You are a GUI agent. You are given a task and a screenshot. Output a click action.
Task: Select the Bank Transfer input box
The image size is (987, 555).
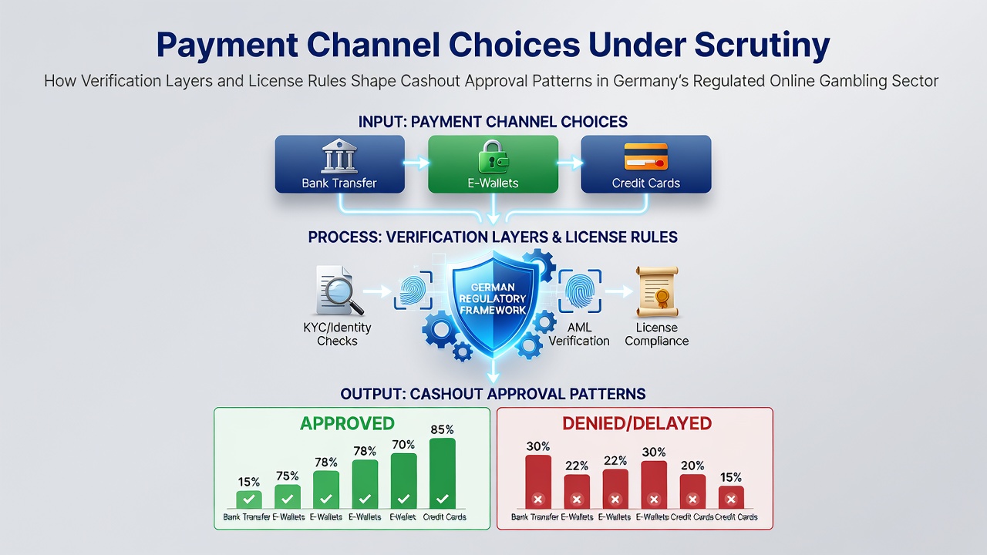tap(340, 164)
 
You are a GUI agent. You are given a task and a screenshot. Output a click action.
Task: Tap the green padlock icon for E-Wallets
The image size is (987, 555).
tap(493, 156)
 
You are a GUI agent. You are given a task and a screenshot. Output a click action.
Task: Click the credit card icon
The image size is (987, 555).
tap(646, 156)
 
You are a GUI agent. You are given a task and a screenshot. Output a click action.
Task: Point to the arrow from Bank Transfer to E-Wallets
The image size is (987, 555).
tap(416, 163)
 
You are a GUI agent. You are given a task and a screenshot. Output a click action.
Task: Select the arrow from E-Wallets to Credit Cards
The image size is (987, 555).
tap(570, 163)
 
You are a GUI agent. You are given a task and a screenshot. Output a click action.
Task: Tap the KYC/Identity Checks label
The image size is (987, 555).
tap(337, 335)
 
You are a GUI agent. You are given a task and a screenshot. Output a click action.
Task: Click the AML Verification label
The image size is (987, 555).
tap(579, 335)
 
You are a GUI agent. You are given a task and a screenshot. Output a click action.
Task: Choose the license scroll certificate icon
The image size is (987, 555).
tap(656, 291)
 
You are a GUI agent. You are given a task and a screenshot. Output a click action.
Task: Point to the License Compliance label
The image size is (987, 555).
tap(656, 335)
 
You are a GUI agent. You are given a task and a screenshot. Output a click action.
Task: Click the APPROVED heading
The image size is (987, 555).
tap(347, 424)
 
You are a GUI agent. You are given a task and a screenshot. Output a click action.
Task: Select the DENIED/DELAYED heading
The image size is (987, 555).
tap(637, 424)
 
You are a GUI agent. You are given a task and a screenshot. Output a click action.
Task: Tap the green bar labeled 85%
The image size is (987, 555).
tap(443, 473)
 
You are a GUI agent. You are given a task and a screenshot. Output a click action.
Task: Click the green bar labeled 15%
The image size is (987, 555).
tap(249, 500)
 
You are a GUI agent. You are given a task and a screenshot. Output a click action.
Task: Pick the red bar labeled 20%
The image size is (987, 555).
tap(692, 492)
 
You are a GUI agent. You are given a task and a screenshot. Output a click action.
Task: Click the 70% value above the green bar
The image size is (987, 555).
tap(403, 445)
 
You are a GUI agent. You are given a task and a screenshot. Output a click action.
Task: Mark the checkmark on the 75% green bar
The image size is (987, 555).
tap(288, 499)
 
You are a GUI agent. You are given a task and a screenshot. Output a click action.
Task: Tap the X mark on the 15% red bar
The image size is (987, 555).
tap(731, 499)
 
